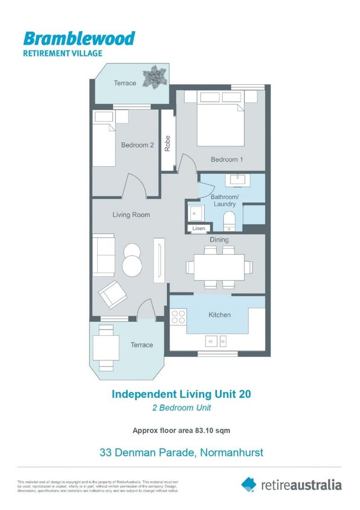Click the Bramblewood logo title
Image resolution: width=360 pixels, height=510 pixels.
pos(79,38)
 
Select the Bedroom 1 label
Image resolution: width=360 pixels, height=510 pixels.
pos(227,159)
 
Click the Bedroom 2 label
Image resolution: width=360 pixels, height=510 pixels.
pos(137,145)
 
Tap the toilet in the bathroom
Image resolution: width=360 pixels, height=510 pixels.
pos(230,221)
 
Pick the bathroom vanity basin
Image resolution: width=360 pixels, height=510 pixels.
pos(234,180)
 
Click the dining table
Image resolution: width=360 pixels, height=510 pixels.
pos(219,267)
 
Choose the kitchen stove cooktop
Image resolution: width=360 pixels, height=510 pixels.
pos(178,316)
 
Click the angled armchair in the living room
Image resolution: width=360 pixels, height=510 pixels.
pos(112,294)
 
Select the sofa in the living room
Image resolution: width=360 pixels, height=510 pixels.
pos(104,255)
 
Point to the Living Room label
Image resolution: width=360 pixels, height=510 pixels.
pos(131,215)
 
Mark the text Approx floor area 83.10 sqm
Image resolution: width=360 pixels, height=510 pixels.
pos(181,430)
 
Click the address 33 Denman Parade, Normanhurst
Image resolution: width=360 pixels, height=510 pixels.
pos(181,452)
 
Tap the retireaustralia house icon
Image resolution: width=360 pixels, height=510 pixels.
pos(249,484)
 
